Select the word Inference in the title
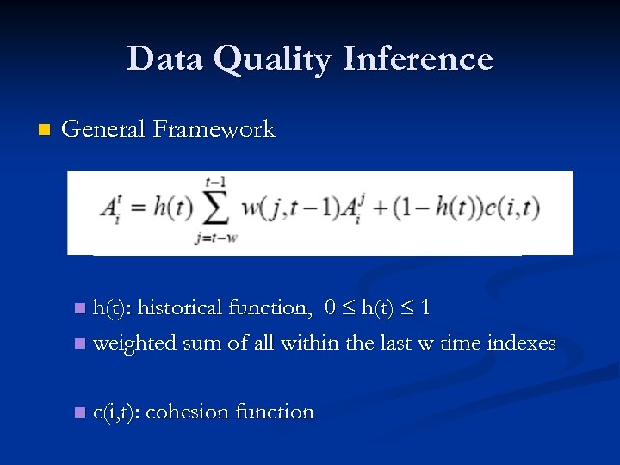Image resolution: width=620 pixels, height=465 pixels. tap(418, 59)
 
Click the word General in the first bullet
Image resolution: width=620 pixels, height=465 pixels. tap(104, 130)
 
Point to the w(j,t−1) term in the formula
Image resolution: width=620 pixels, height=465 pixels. tap(291, 208)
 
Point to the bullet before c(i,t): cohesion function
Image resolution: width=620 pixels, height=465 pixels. tap(80, 412)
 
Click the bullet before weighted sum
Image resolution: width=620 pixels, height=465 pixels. tap(80, 344)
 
